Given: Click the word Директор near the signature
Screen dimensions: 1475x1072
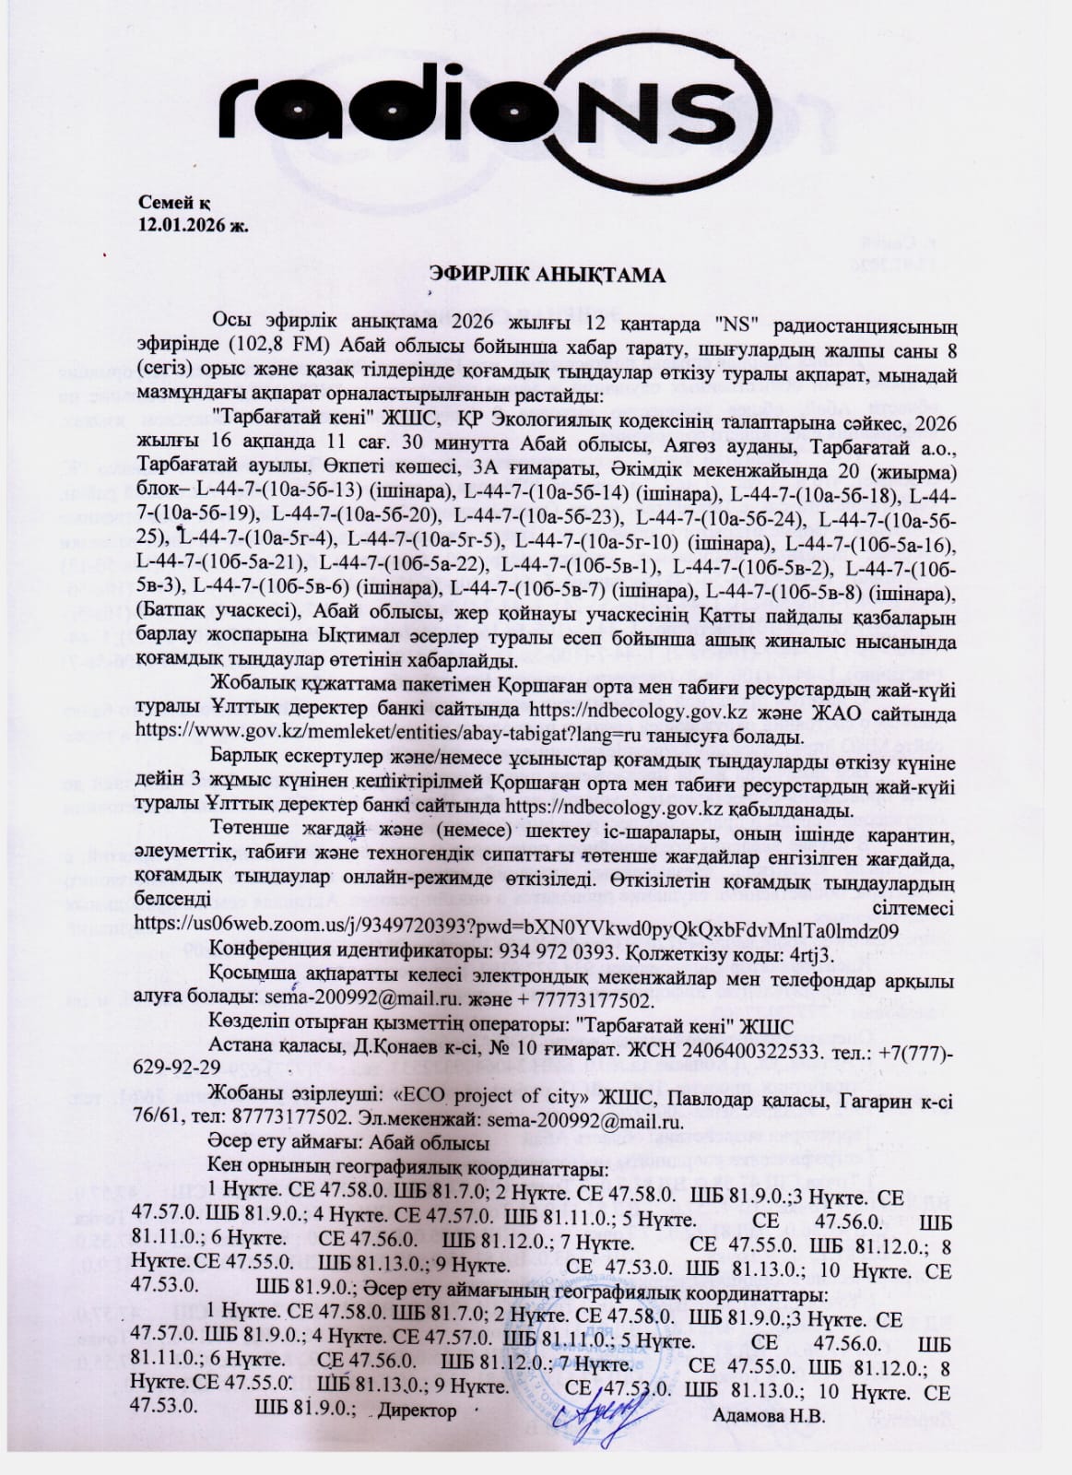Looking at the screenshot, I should click(x=418, y=1437).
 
